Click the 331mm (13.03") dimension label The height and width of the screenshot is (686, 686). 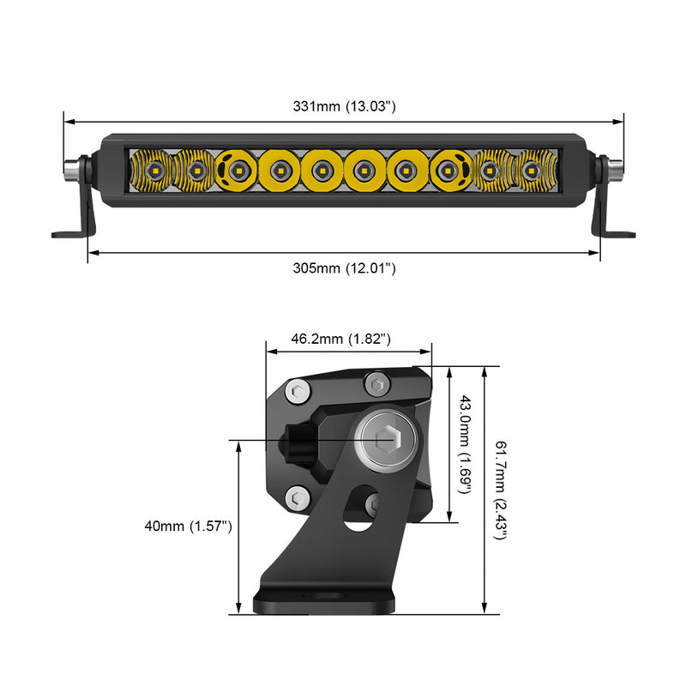343,107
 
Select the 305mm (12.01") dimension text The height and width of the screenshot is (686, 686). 344,268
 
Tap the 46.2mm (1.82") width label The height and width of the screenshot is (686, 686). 341,339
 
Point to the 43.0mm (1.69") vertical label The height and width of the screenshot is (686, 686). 466,444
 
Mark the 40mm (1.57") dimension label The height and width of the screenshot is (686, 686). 189,527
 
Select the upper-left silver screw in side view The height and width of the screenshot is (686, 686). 297,393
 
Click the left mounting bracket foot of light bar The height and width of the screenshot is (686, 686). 73,232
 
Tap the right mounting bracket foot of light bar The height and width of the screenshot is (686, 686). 616,232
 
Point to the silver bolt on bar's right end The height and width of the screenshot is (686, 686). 615,168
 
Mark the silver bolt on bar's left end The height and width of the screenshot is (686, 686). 71,168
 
